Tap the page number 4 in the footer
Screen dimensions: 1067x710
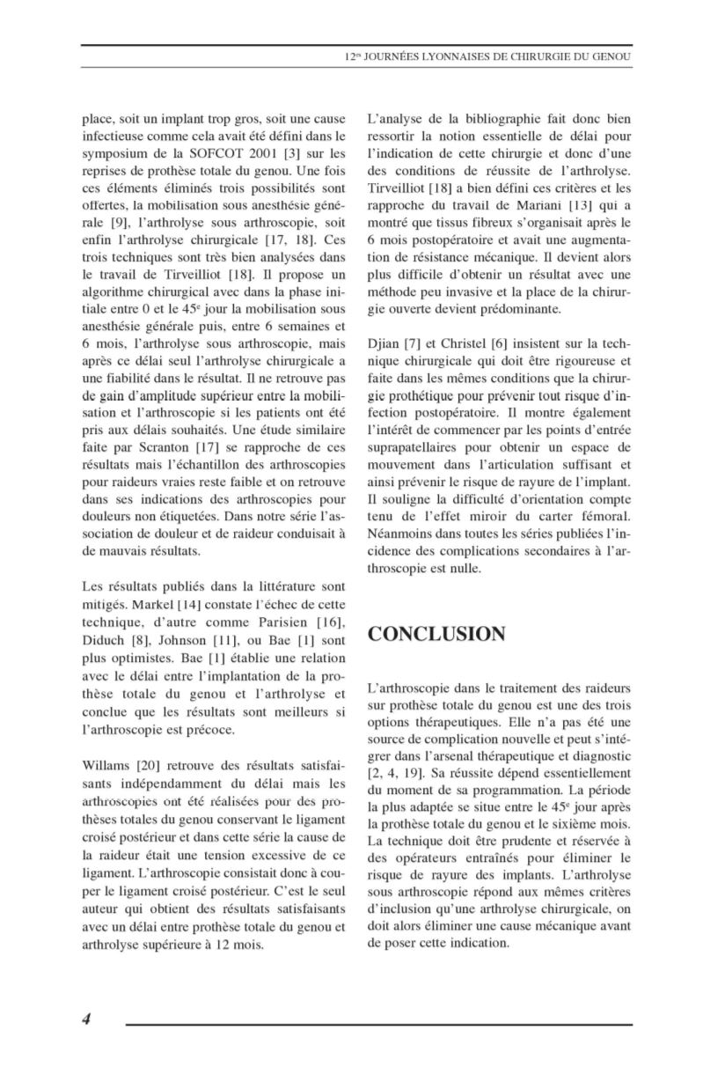[x=87, y=1019]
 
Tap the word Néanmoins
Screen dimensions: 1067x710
[x=399, y=533]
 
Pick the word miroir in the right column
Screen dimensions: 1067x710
[x=503, y=515]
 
